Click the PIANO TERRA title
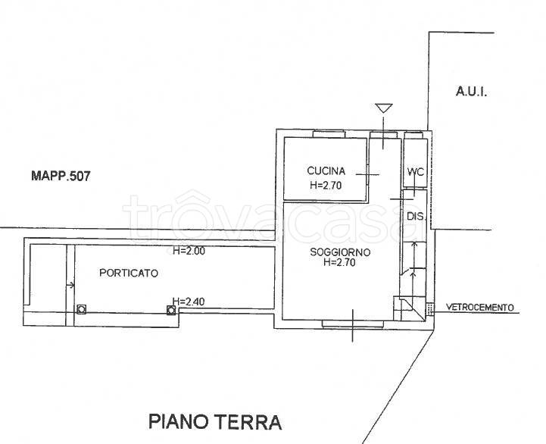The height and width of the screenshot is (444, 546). [x=215, y=421]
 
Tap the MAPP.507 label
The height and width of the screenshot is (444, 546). [x=61, y=177]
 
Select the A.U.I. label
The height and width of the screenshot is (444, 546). [x=470, y=92]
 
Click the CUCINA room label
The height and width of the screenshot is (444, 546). [x=326, y=170]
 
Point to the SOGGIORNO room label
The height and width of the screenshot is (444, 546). [x=339, y=252]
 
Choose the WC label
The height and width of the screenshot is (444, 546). [x=415, y=171]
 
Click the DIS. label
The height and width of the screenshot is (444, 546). [x=415, y=217]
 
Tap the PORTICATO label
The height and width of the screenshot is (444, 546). [x=129, y=274]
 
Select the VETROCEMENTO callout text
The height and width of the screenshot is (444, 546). [x=479, y=308]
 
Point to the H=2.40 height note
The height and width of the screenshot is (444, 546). [x=189, y=300]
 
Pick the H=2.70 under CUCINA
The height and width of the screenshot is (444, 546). [x=326, y=183]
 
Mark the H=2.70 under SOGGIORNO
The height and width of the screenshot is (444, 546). [x=339, y=263]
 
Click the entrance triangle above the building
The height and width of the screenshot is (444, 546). [x=384, y=108]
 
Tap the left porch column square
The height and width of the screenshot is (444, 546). [x=81, y=309]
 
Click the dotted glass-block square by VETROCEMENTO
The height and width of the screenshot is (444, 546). [x=431, y=308]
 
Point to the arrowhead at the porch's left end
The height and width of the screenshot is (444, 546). [x=72, y=286]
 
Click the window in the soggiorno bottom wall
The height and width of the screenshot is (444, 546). [x=351, y=324]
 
